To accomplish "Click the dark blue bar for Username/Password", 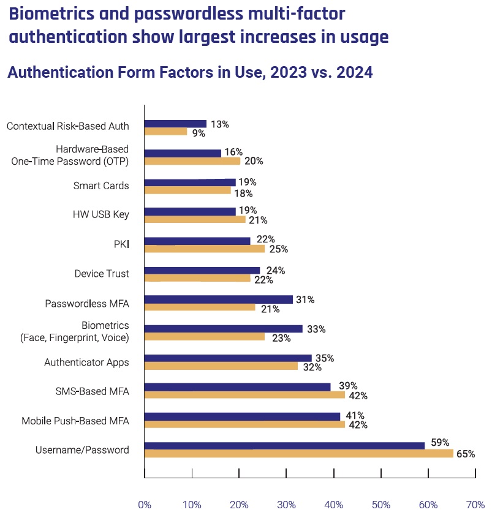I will point(284,445).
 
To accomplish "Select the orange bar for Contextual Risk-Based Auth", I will point(165,131).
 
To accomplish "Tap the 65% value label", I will point(465,454).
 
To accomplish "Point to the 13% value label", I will point(219,124).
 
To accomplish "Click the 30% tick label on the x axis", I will point(286,505).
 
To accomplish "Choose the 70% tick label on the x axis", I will point(475,505).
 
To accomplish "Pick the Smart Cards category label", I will point(101,186).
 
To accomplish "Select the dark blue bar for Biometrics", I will point(223,329).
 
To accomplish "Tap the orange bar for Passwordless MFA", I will point(199,307).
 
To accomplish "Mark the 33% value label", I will point(316,329).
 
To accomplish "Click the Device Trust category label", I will point(102,274).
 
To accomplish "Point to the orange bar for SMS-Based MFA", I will point(244,395).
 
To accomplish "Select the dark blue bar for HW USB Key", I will point(190,211).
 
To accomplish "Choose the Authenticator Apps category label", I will point(86,362).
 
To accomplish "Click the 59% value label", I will point(441,442).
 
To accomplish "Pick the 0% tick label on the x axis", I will point(145,505).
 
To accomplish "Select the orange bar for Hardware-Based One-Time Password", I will point(192,161).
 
